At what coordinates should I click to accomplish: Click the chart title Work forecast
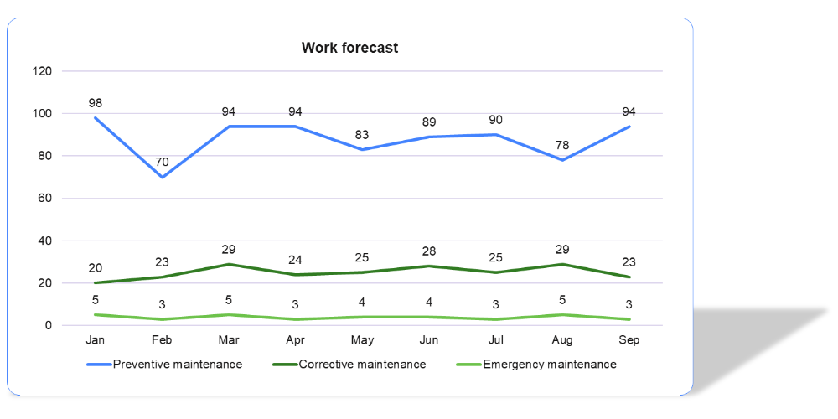click(x=349, y=48)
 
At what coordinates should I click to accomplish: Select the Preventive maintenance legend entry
click(x=177, y=365)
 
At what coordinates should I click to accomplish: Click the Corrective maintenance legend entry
click(x=362, y=365)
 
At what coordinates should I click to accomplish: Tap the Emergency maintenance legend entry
click(x=549, y=365)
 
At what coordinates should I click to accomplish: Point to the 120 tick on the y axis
click(x=44, y=71)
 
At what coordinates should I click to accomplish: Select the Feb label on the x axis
click(x=162, y=340)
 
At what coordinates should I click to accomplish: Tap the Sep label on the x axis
click(x=629, y=340)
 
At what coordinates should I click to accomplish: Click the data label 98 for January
click(x=96, y=103)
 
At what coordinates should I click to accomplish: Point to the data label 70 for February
click(x=162, y=162)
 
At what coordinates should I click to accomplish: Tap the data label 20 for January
click(x=96, y=268)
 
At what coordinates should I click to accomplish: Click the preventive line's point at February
click(x=162, y=177)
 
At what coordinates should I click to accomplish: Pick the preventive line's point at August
click(x=562, y=160)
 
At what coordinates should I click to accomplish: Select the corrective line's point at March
click(x=229, y=264)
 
